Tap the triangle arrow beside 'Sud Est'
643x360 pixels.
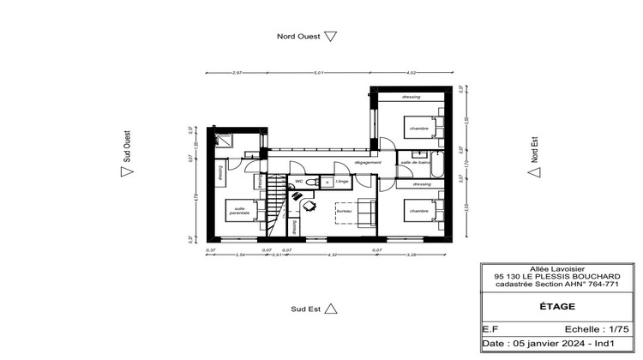pos(333,308)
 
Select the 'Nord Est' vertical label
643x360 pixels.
pos(533,150)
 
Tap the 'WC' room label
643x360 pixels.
pos(299,182)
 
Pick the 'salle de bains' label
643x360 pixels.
pos(414,162)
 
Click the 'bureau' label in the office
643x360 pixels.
pos(344,210)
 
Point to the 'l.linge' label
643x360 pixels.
pos(341,182)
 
